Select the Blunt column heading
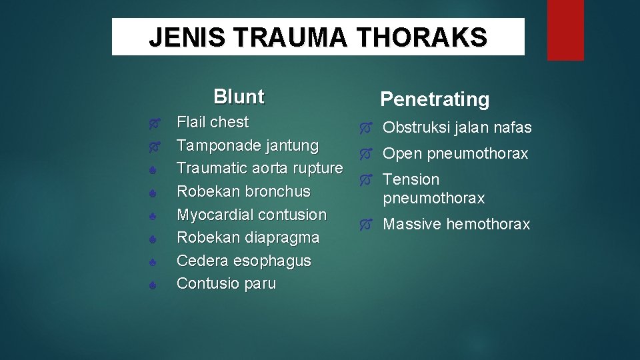pos(239,97)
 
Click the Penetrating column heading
pos(435,99)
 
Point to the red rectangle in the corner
pos(565,30)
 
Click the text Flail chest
pos(212,123)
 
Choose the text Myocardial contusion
pos(251,215)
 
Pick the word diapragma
pos(281,237)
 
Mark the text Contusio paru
pos(226,283)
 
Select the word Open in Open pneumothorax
pos(402,154)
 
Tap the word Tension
pos(411,180)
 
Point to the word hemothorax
pos(488,225)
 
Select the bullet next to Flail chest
pos(153,123)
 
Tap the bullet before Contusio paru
pos(153,285)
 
